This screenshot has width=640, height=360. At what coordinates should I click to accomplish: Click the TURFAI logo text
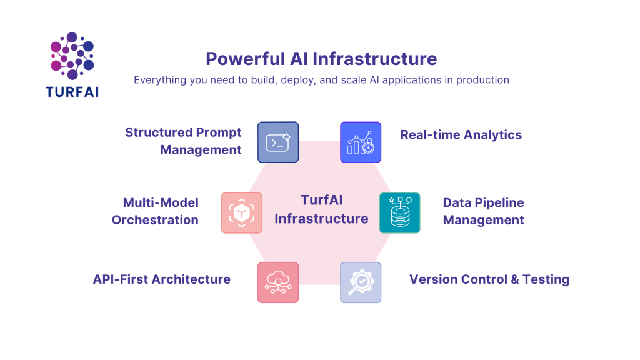pos(72,91)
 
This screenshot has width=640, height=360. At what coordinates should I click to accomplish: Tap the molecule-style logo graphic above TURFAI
pos(72,56)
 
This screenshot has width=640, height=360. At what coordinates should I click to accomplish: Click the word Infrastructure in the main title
pos(374,59)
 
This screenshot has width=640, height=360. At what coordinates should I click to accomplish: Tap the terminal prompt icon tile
pos(278,142)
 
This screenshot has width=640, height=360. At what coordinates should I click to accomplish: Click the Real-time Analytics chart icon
pos(361,142)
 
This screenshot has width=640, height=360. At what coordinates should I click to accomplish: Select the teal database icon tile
pos(400,212)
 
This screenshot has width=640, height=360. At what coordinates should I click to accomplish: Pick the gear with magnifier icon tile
pos(361,282)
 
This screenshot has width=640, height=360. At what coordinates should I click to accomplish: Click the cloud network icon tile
pos(278,282)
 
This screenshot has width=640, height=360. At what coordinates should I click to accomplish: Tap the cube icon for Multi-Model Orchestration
pos(241,212)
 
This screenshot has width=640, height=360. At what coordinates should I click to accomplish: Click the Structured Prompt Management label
pos(183,141)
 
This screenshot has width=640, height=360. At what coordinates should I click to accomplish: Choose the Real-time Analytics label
pos(461,134)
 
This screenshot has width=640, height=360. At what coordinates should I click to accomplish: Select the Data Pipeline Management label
pos(483,211)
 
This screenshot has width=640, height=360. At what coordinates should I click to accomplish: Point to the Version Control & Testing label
pos(489,279)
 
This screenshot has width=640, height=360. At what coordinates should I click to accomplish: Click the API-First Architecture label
pos(162,279)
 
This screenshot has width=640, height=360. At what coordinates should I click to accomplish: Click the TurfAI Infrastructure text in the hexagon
pos(321,209)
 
